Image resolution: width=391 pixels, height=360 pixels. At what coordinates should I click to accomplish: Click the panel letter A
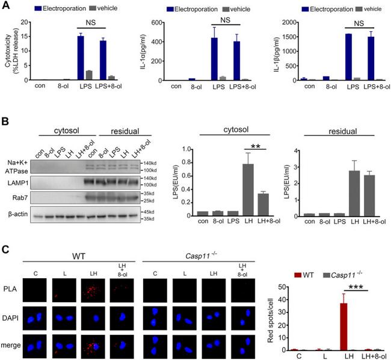(6, 7)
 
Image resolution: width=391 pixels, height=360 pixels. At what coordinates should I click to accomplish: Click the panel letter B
(6, 122)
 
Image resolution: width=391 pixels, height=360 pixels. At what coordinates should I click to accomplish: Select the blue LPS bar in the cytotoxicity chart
(81, 58)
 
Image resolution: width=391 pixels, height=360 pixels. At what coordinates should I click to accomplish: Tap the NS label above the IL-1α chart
(227, 20)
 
